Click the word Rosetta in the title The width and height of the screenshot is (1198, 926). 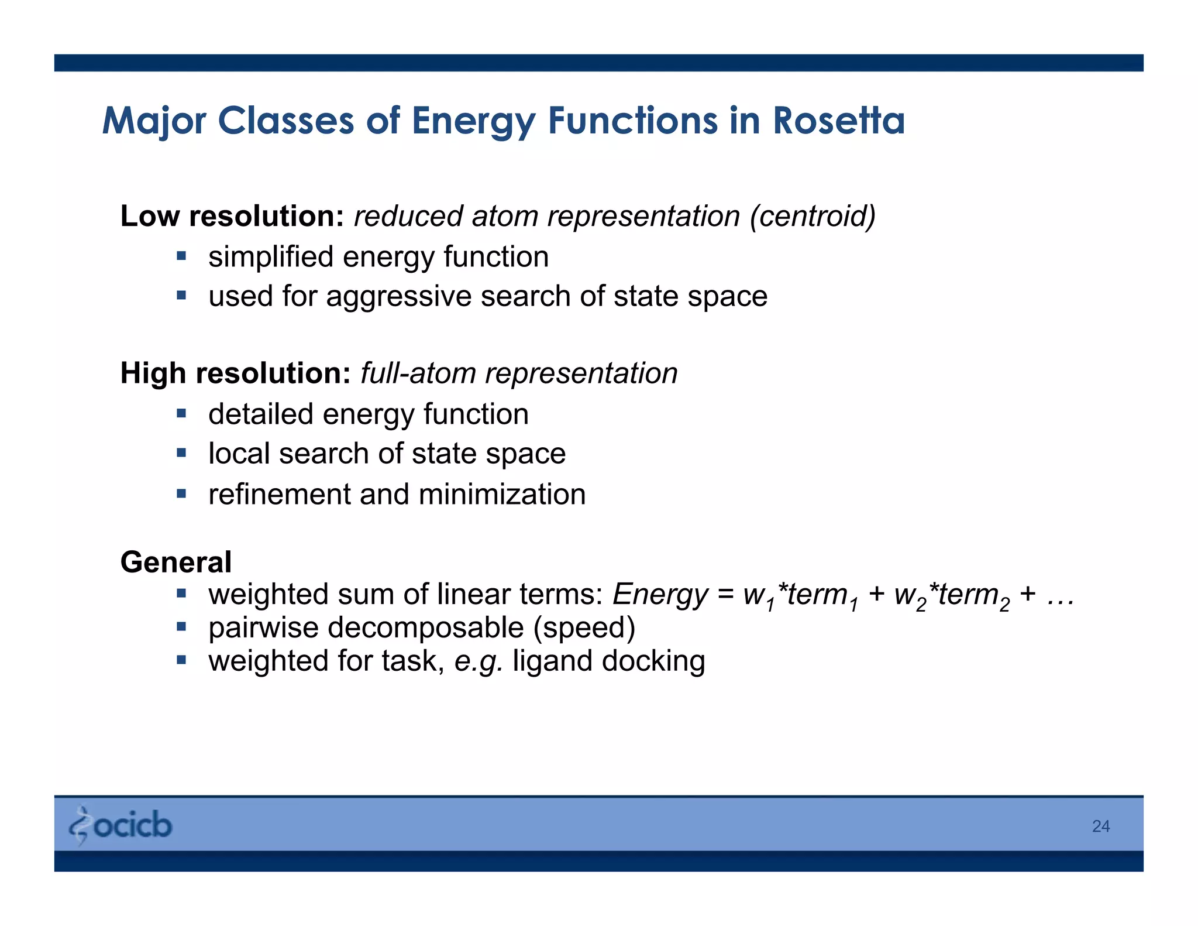(838, 121)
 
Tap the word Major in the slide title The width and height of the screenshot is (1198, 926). (154, 121)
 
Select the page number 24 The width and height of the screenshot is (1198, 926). (1100, 826)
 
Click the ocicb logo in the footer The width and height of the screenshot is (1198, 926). (121, 825)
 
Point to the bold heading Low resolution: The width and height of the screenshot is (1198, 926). (232, 216)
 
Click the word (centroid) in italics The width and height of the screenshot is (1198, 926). (813, 216)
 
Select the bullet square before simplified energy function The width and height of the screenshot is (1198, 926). (181, 256)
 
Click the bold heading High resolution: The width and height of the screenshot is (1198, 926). (235, 373)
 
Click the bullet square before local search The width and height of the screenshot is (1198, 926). (181, 452)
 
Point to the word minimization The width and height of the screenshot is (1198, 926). (502, 494)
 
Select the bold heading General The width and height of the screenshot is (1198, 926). (176, 562)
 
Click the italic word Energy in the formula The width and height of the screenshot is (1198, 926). (660, 595)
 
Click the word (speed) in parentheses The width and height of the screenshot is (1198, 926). (584, 627)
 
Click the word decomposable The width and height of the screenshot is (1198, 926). (425, 627)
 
